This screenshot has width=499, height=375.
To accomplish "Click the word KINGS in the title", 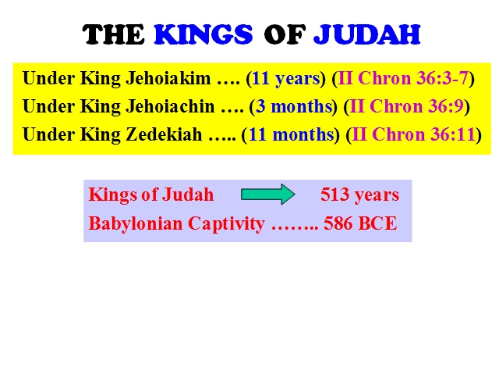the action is pyautogui.click(x=203, y=34).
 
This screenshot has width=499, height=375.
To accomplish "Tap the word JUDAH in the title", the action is pyautogui.click(x=367, y=34).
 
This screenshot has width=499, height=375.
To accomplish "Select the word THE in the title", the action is pyautogui.click(x=114, y=34).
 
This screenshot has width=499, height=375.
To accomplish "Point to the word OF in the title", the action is pyautogui.click(x=285, y=34).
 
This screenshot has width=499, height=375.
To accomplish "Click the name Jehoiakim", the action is pyautogui.click(x=168, y=78).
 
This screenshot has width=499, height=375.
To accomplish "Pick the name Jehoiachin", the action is pyautogui.click(x=170, y=106).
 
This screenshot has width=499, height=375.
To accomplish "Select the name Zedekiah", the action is pyautogui.click(x=164, y=134).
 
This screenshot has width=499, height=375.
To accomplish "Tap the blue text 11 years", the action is pyautogui.click(x=286, y=79).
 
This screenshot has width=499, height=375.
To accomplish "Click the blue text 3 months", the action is pyautogui.click(x=294, y=106).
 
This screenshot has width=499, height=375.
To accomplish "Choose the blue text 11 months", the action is pyautogui.click(x=291, y=134).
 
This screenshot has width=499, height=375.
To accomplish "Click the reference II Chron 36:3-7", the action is pyautogui.click(x=403, y=78).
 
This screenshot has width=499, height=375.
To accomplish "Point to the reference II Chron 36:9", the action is pyautogui.click(x=406, y=106).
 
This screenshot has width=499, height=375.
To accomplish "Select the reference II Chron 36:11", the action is pyautogui.click(x=414, y=134).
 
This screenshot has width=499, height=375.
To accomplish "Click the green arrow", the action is pyautogui.click(x=268, y=195).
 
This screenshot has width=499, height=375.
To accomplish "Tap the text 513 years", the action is pyautogui.click(x=359, y=195).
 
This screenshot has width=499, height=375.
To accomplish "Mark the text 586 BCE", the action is pyautogui.click(x=360, y=223).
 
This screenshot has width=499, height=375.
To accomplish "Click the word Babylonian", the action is pyautogui.click(x=136, y=224).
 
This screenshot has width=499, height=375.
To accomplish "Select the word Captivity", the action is pyautogui.click(x=226, y=224).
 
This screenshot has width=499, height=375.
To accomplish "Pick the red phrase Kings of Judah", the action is pyautogui.click(x=151, y=195).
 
